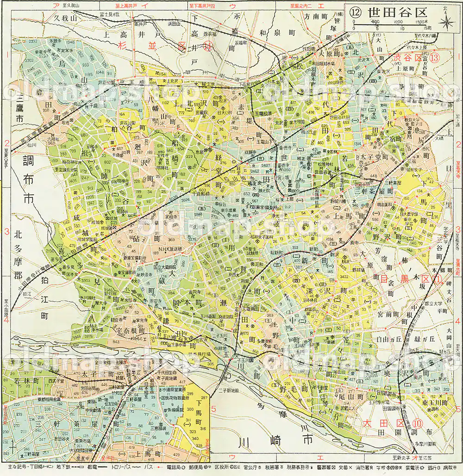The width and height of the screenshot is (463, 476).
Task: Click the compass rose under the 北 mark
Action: [x=446, y=25]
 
